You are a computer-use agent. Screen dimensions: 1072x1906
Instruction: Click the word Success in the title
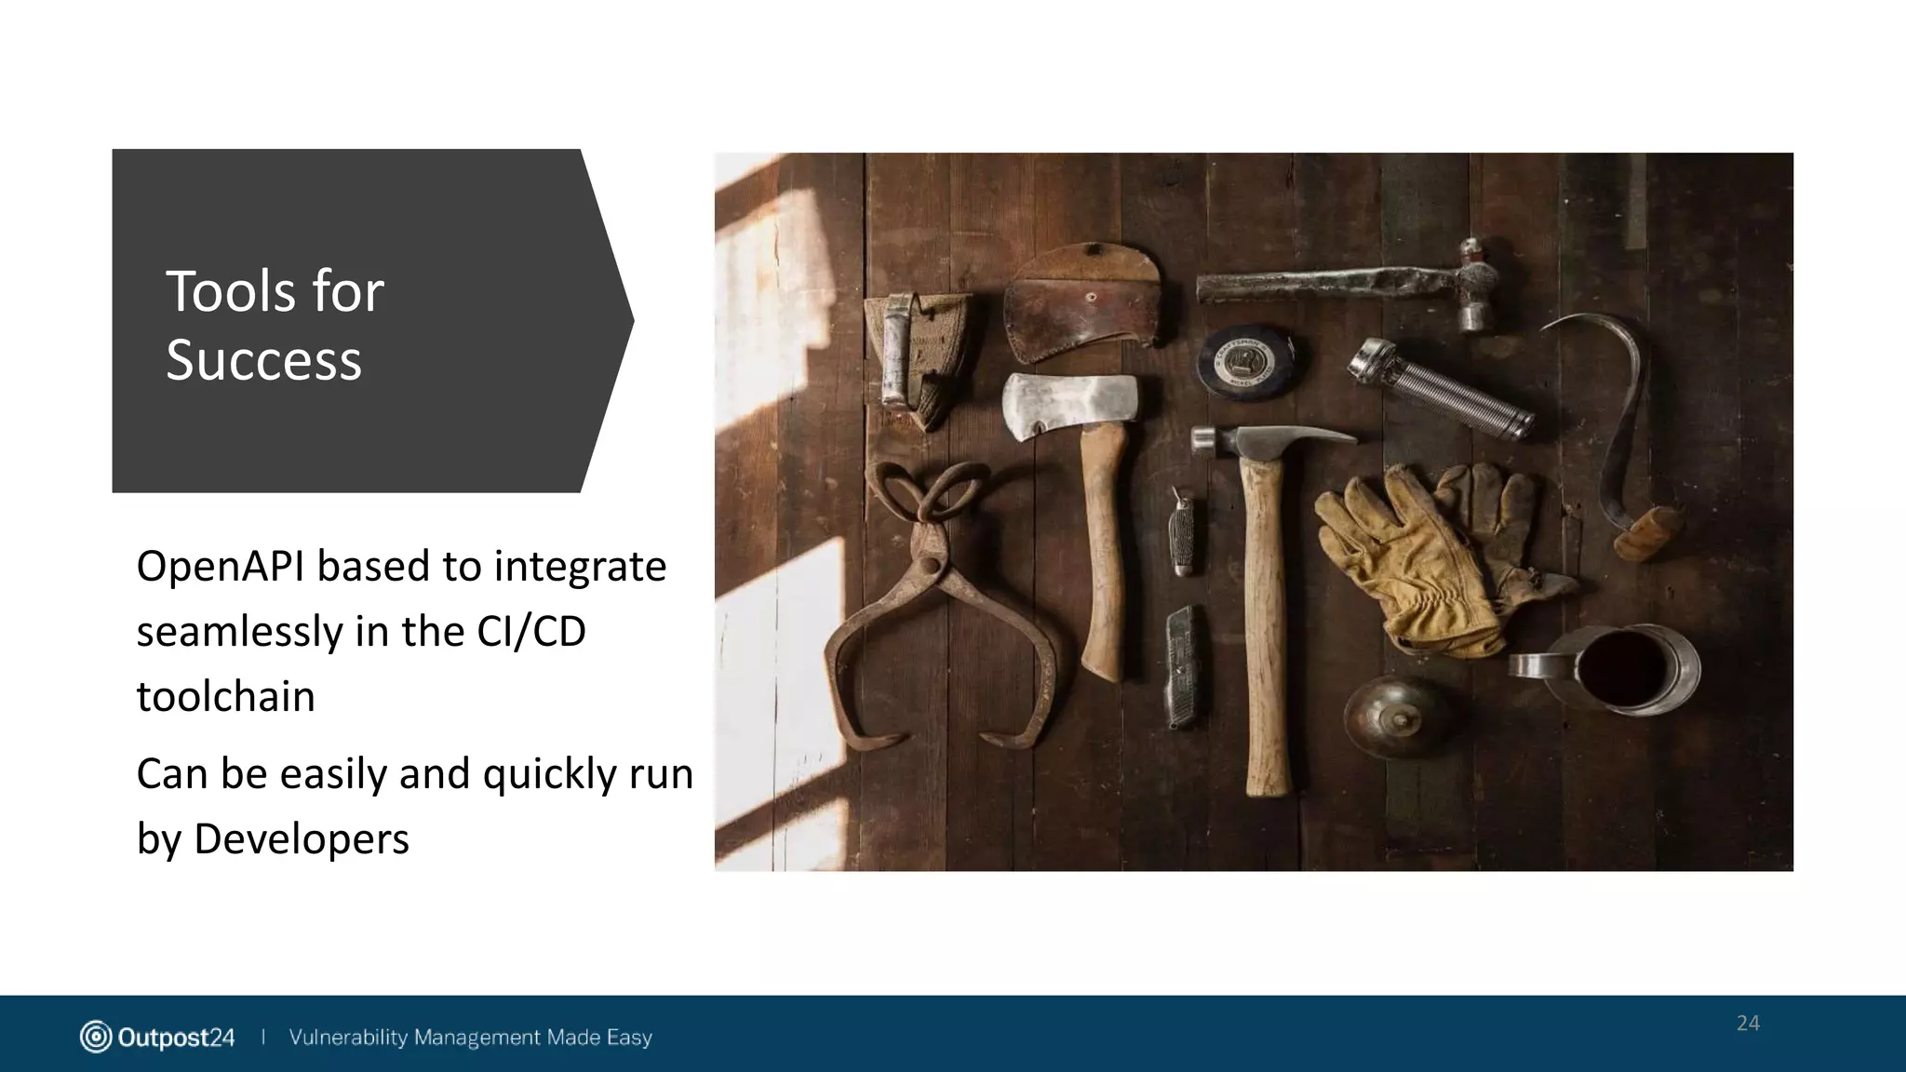(263, 360)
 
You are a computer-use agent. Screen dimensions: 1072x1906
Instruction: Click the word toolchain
(226, 697)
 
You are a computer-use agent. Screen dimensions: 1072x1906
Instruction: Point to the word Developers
(302, 839)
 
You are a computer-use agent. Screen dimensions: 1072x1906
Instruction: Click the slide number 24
(1748, 1024)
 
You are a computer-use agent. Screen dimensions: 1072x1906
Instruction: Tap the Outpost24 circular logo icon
(95, 1037)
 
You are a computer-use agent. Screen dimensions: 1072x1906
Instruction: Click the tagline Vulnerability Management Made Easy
(470, 1037)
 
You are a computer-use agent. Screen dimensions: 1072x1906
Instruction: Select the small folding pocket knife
(1181, 529)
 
